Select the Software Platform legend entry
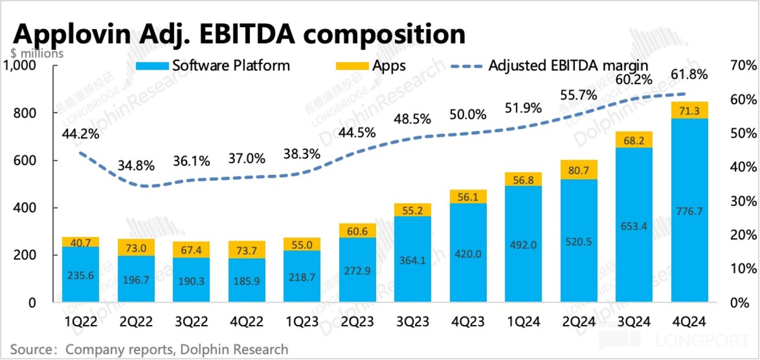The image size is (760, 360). coord(231,66)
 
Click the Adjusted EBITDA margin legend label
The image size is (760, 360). coord(568,66)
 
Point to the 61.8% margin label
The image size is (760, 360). coord(689,74)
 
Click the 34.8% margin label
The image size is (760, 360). coord(136,164)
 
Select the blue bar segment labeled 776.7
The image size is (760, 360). coord(690,211)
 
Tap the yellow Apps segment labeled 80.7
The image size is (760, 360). coord(579,169)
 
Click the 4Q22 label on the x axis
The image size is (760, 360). coord(247,322)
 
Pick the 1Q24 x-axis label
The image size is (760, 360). coord(523,322)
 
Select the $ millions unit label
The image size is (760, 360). coord(36,53)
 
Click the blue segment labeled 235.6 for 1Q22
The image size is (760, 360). coord(81,275)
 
